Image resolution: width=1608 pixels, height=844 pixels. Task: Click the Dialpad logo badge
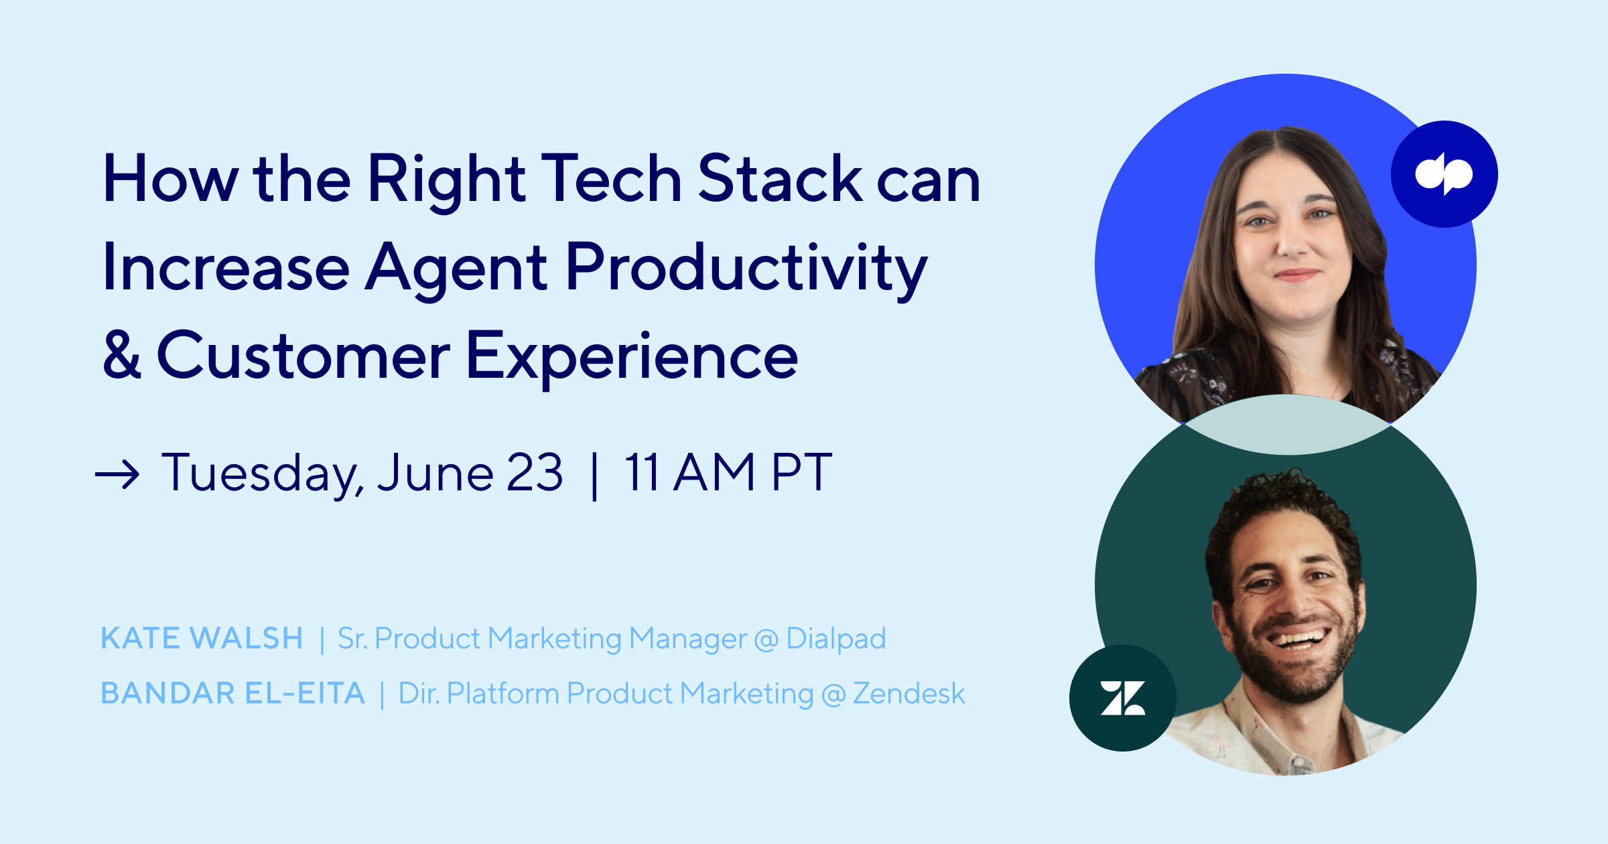[1445, 174]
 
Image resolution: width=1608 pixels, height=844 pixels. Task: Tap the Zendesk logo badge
[1123, 698]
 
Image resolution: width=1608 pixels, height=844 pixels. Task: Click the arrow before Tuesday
[117, 475]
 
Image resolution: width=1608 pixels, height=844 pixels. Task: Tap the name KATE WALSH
[202, 638]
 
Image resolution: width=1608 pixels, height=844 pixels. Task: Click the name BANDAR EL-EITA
[232, 693]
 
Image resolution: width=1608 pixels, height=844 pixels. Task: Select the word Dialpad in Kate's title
[836, 639]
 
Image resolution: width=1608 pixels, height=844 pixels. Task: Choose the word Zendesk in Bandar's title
[909, 693]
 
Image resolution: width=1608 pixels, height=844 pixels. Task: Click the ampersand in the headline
[122, 354]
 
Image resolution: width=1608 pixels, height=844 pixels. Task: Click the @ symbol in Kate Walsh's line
[766, 640]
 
